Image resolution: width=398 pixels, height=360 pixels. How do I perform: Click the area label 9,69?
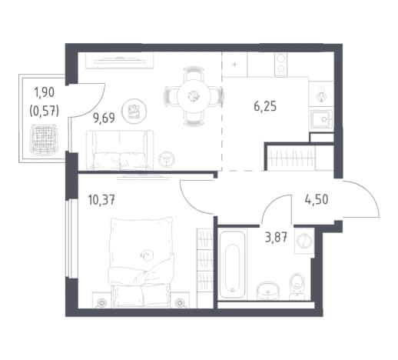point(104,118)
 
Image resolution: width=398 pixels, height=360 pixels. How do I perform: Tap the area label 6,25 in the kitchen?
point(265,106)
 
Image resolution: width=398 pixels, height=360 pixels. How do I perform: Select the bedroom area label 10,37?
point(101,200)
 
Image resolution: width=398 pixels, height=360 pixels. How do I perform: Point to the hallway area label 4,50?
point(317,199)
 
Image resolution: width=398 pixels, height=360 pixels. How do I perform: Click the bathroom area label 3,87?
point(276,237)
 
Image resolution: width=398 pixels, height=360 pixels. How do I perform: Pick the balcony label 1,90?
point(45,92)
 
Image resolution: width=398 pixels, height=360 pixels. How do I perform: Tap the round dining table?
point(194,96)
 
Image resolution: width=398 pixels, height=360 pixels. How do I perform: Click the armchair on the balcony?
point(44,140)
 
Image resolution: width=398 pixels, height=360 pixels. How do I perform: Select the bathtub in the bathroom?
point(232,264)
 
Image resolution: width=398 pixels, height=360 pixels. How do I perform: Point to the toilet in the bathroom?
point(297,286)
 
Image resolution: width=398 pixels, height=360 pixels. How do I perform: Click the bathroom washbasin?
point(268,291)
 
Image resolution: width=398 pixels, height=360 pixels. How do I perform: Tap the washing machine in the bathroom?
point(304,241)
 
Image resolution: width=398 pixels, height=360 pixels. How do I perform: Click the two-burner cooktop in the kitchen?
point(281,65)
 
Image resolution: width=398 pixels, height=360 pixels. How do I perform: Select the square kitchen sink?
point(322,119)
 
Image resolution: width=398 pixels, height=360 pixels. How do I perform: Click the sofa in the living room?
point(120,150)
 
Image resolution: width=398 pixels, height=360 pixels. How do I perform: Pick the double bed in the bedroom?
point(141,262)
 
